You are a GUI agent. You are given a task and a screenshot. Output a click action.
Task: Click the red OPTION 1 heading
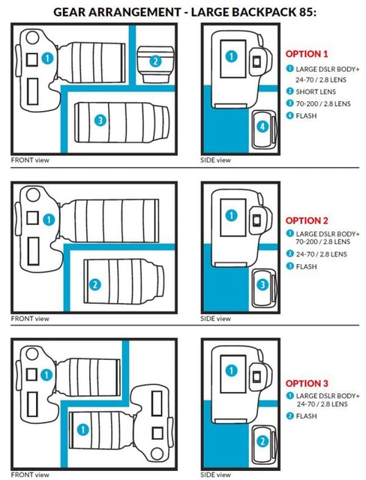pos(307,54)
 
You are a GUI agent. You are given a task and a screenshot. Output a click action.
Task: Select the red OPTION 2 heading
pos(307,220)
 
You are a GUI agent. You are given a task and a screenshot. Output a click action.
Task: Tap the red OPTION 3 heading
pos(307,383)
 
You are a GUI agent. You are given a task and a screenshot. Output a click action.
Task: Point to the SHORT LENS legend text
pos(316,91)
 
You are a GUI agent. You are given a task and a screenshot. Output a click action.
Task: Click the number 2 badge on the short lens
pos(155,61)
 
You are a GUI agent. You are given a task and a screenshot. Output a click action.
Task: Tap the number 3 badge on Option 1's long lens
pos(100,120)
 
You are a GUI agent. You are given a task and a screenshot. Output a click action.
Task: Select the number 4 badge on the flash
pos(262,126)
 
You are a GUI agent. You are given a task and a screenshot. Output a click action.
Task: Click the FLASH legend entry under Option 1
pos(306,115)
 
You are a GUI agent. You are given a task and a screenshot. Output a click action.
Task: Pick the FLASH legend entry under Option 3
pos(306,416)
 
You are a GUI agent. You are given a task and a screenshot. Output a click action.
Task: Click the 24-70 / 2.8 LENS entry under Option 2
pos(321,254)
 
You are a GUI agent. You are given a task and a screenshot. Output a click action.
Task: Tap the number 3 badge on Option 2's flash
pos(262,285)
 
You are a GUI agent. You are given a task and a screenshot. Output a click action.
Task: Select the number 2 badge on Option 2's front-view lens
pos(94,285)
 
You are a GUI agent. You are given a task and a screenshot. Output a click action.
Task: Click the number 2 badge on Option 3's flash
pos(262,442)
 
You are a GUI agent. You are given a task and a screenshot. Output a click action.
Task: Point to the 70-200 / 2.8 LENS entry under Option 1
pos(322,103)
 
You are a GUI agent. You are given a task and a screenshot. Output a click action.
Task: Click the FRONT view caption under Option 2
pos(30,319)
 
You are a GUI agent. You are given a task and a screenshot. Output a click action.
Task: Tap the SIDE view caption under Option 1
pos(215,160)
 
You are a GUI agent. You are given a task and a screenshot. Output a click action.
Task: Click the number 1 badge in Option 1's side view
pos(231,56)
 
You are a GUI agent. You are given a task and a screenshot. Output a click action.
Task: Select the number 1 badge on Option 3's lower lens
pos(82,430)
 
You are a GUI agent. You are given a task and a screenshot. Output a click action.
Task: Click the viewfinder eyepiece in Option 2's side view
pos(257,219)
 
